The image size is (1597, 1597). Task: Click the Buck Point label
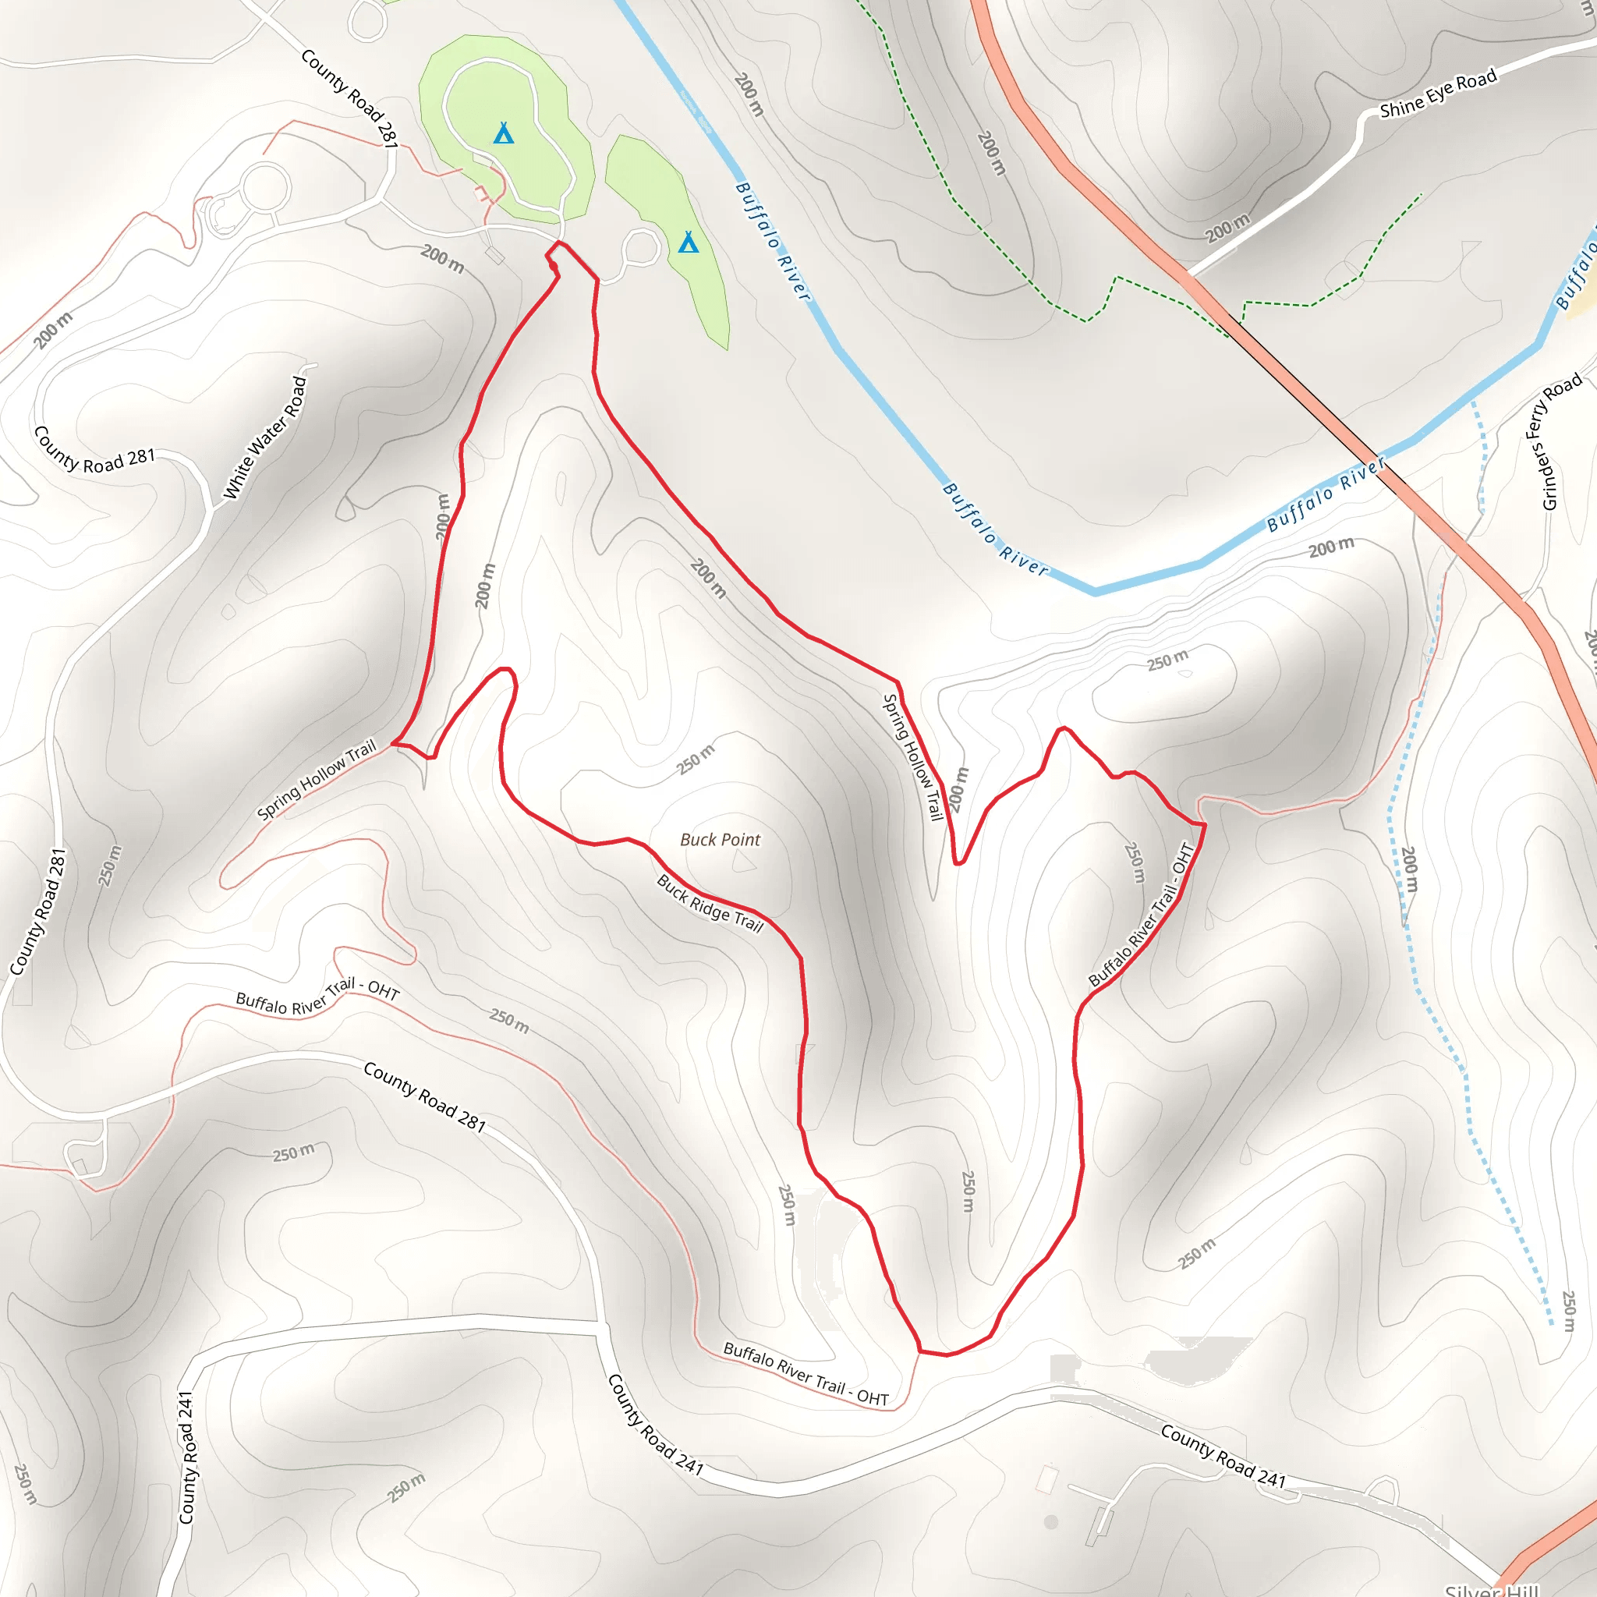[719, 840]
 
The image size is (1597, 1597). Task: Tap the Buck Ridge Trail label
[710, 904]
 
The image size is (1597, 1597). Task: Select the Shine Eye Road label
[1437, 94]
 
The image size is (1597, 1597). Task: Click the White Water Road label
[265, 438]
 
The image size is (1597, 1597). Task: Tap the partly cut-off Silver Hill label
[1492, 1588]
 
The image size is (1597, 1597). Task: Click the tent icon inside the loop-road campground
[504, 133]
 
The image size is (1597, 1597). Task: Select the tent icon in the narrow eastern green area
[688, 243]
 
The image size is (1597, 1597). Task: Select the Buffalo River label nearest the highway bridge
[1326, 494]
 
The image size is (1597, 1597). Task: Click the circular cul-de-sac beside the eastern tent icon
[642, 247]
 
